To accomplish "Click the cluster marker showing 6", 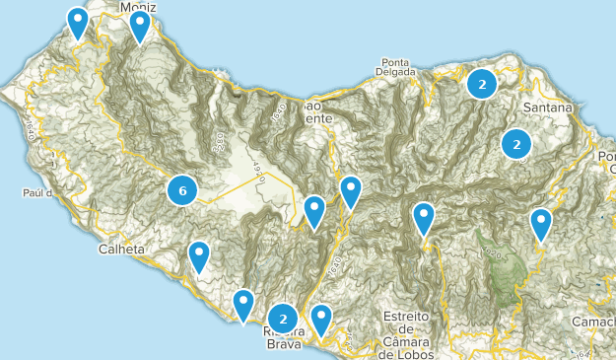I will click(181, 189).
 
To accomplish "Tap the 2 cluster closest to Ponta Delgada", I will click(481, 85).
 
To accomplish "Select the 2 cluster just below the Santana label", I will click(514, 145).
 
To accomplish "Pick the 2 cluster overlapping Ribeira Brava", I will click(283, 319).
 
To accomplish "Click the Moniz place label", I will click(139, 6).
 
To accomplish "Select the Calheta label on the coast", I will click(122, 250).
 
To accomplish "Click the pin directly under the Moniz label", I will click(140, 26).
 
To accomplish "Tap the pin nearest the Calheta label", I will click(199, 256).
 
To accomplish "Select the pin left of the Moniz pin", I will click(77, 22).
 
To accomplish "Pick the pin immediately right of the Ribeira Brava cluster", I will click(321, 319).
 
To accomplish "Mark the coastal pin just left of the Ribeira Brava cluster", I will click(243, 305).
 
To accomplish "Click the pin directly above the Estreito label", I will click(424, 218).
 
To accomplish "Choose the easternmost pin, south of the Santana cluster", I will click(541, 224).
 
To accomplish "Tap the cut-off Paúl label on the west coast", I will click(34, 194).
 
